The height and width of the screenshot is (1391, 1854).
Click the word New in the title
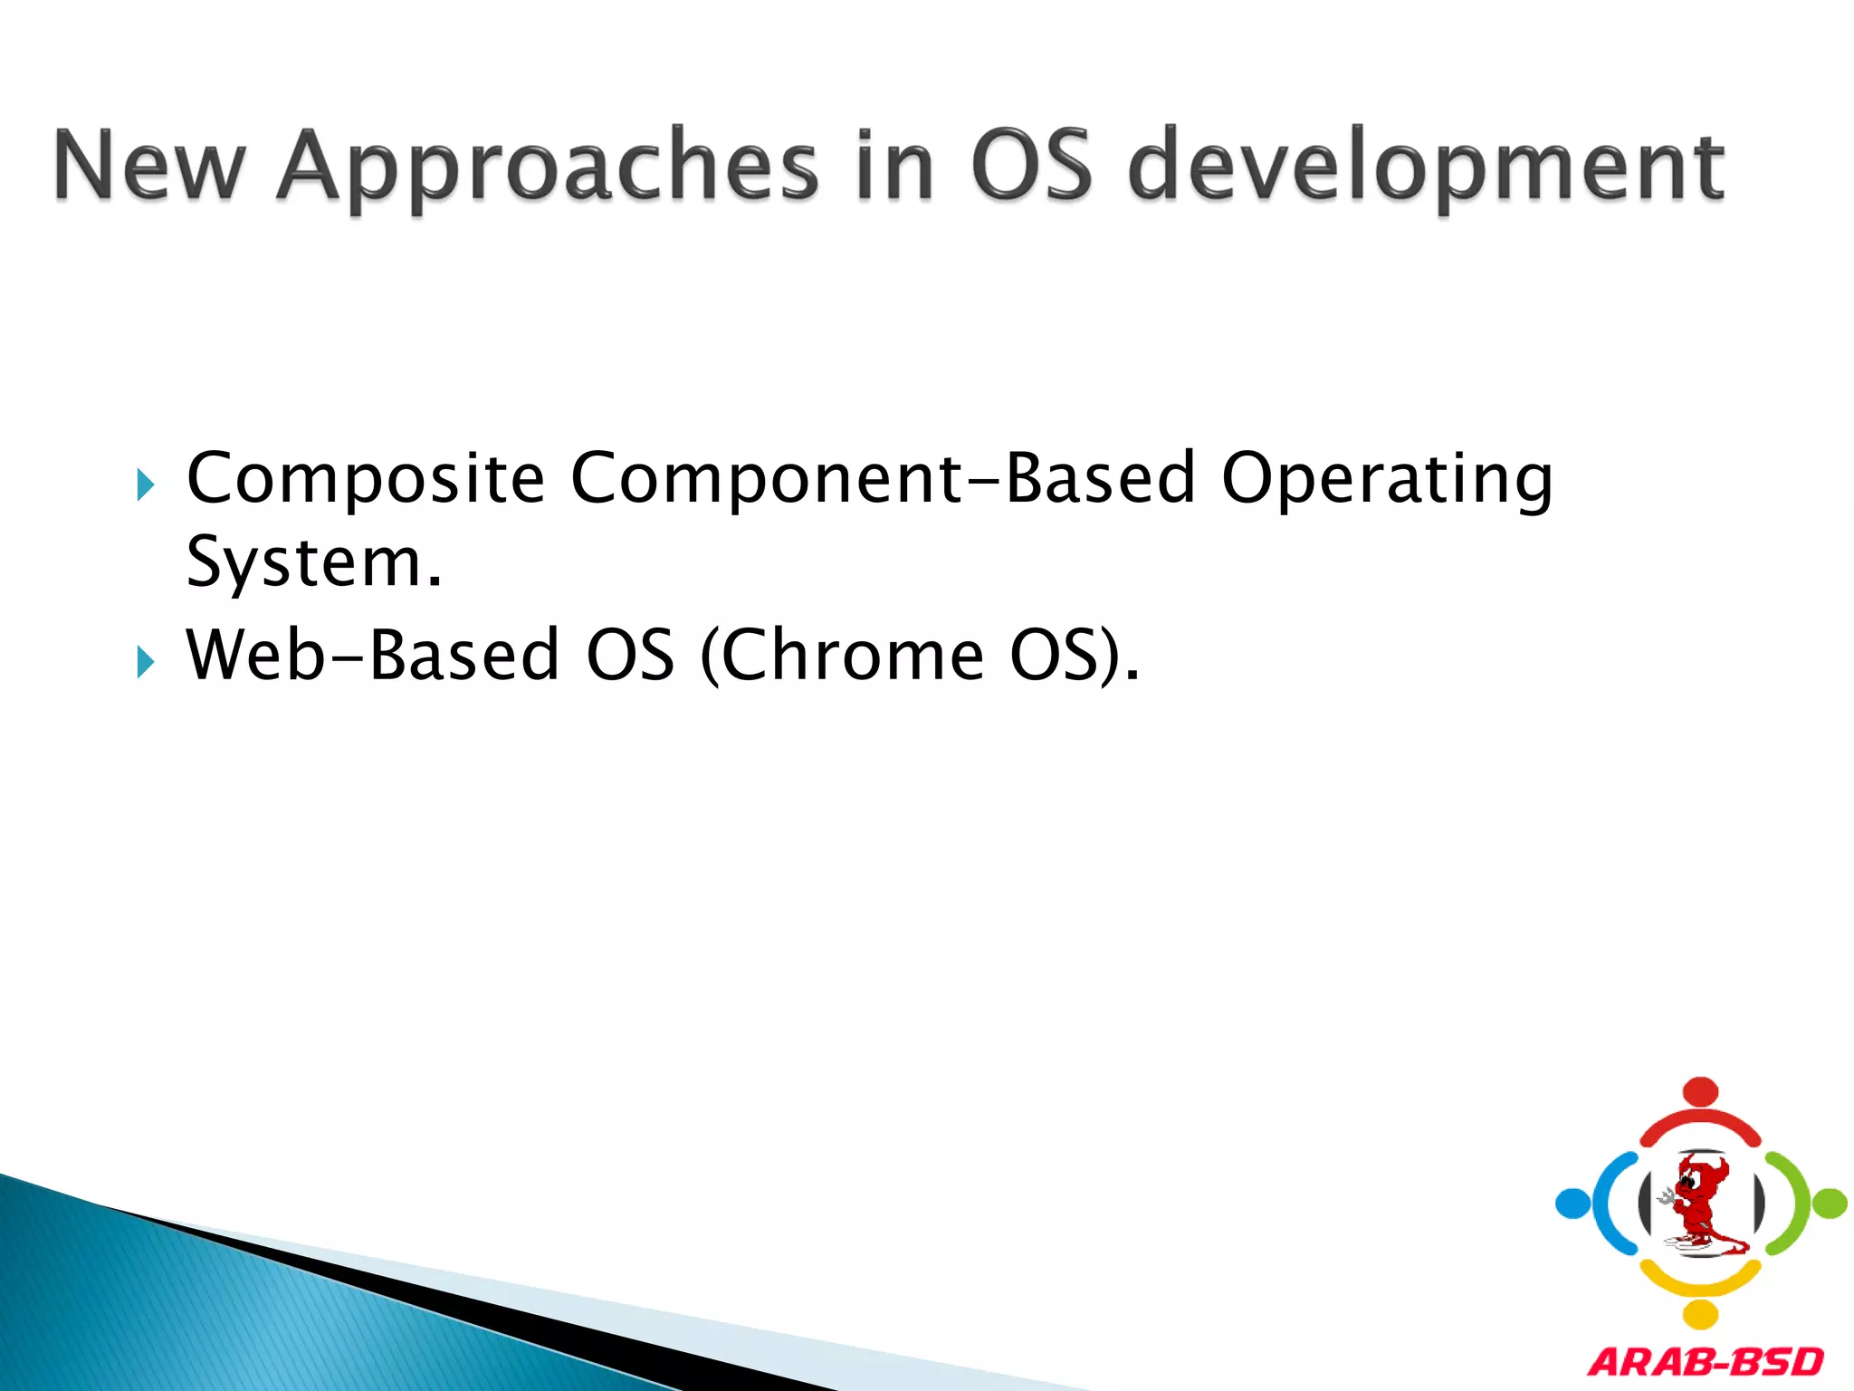(149, 165)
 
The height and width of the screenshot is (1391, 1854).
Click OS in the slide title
(1031, 165)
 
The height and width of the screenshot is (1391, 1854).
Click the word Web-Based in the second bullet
(372, 655)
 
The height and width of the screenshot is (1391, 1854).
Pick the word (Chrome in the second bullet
(843, 655)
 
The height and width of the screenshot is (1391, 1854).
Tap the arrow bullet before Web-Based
(145, 663)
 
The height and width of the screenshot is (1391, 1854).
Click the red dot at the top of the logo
(1701, 1091)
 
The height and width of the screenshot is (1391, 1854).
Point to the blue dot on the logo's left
(1572, 1204)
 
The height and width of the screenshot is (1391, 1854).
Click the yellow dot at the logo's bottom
(1701, 1314)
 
